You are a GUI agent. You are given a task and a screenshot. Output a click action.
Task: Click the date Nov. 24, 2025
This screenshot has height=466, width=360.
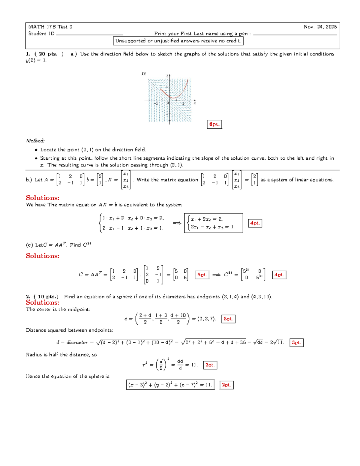pos(320,27)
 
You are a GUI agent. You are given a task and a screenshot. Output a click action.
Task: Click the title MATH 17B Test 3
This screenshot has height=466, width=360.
pos(50,27)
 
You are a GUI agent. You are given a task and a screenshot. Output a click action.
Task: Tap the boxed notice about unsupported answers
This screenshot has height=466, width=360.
pos(178,41)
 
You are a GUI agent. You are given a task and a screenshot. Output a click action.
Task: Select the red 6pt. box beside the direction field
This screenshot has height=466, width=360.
pos(214,124)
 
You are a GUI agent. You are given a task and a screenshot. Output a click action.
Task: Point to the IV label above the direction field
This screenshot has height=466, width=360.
pos(144,74)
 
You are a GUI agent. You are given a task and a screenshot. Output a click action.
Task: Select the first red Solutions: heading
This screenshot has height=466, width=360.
pos(43,198)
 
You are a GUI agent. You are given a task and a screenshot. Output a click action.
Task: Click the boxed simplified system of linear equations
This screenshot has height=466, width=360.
pos(213,223)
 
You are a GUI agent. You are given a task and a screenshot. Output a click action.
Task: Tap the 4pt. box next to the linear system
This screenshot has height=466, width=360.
pos(255,223)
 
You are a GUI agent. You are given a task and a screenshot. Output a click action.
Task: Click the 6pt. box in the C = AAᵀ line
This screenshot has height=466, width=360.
pos(202,275)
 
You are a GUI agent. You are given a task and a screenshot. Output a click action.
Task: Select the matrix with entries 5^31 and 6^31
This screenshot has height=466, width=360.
pos(253,275)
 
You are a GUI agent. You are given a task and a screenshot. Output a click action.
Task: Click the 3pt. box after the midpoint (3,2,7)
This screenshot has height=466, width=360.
pos(228,319)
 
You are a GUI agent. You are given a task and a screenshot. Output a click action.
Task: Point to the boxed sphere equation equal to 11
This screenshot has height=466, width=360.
pos(170,385)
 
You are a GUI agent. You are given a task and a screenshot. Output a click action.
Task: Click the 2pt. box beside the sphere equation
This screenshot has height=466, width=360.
pos(226,385)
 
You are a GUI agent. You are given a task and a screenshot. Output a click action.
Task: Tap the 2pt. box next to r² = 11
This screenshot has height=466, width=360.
pos(210,365)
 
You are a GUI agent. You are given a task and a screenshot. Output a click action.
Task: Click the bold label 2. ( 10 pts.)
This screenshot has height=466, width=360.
pos(42,296)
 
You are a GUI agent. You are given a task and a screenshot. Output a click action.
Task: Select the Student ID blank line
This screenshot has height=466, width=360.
pos(90,34)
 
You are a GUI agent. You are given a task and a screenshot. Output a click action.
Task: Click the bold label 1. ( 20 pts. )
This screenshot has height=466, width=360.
pos(45,54)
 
